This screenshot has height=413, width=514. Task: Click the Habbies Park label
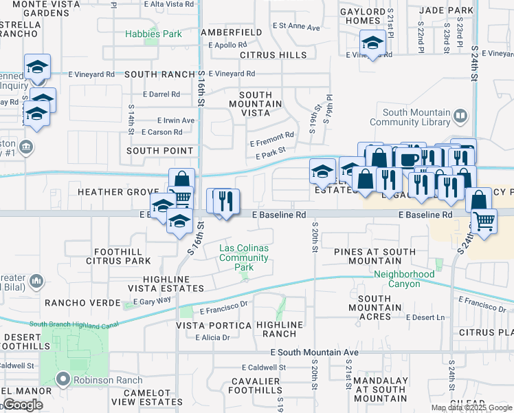tap(153, 34)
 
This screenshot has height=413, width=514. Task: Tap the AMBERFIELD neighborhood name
tap(231, 32)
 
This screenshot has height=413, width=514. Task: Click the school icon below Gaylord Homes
tap(372, 44)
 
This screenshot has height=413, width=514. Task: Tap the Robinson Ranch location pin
tap(64, 379)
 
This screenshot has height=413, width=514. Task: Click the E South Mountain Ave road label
tap(314, 352)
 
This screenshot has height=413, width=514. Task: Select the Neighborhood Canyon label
tap(404, 274)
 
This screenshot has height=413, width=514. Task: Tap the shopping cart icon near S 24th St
tap(484, 221)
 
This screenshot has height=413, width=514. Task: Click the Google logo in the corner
tap(23, 405)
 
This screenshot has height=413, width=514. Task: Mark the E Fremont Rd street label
tap(271, 135)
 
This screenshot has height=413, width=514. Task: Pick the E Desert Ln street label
tap(425, 317)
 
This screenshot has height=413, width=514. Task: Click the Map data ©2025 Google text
tap(471, 407)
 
